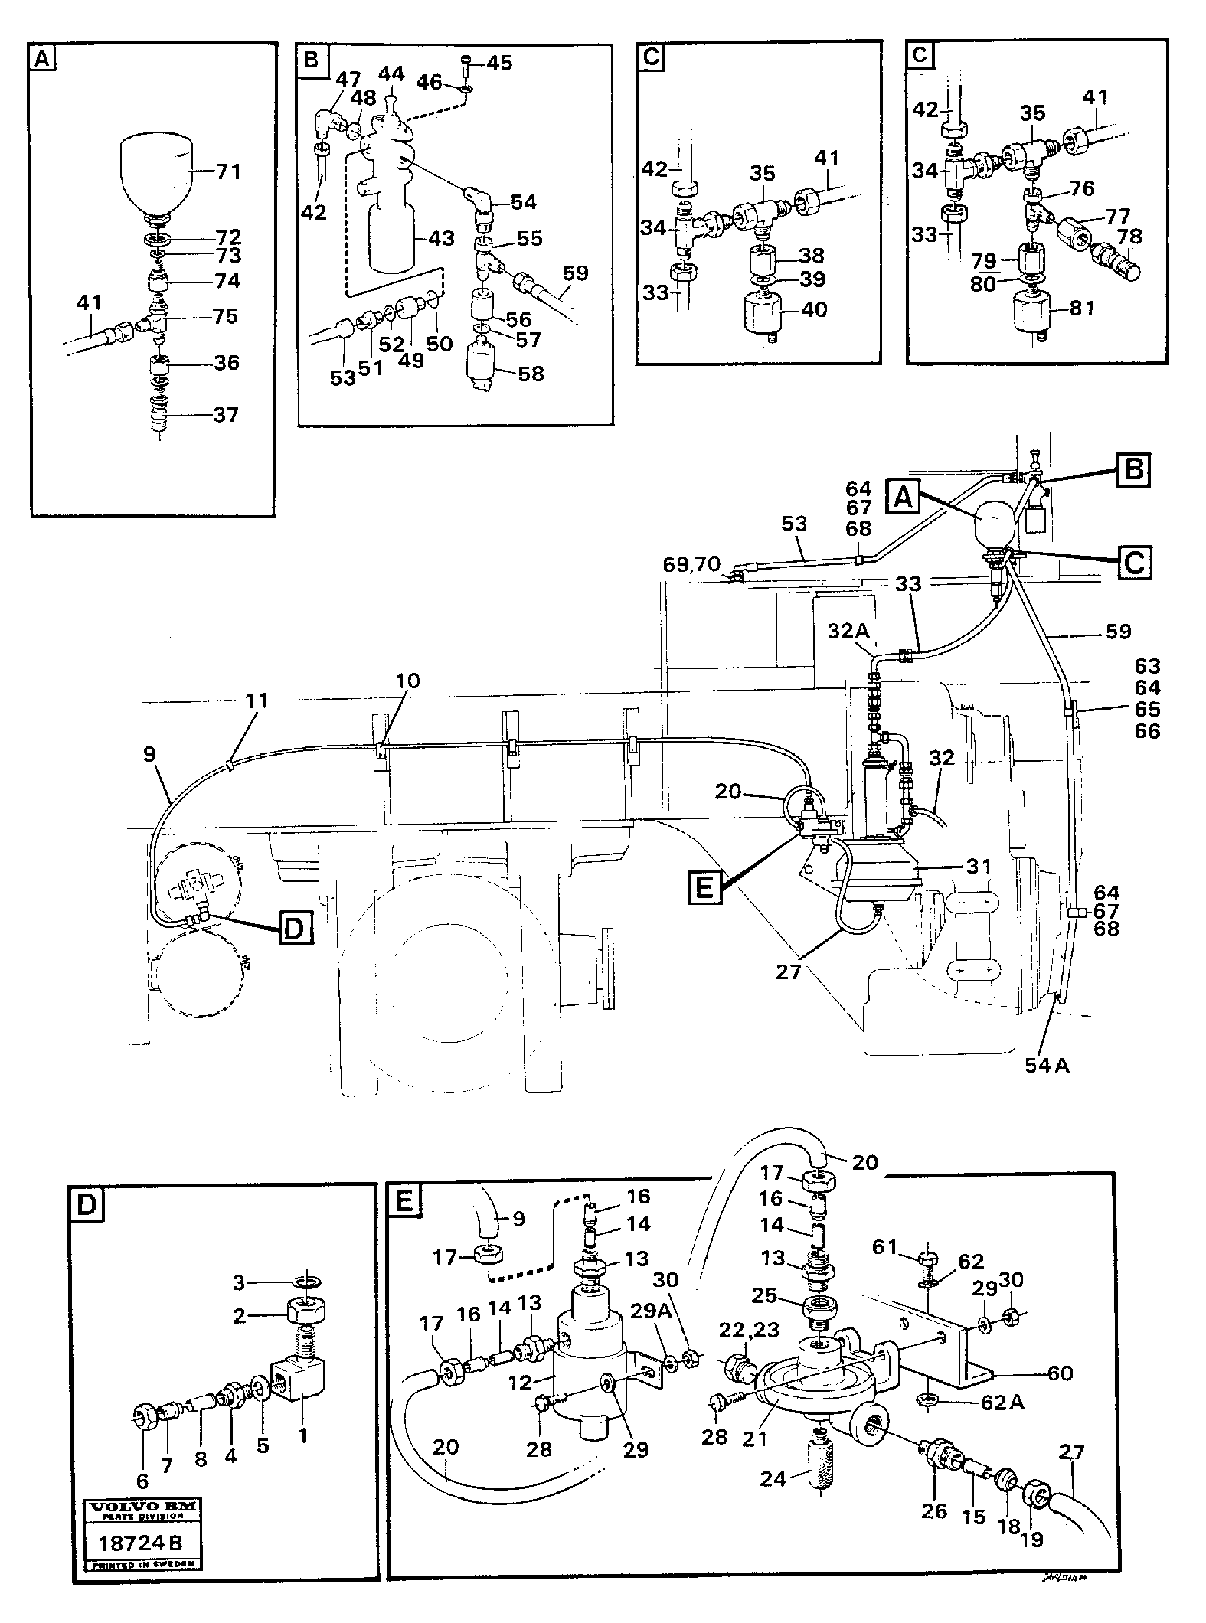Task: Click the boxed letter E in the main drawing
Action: [705, 887]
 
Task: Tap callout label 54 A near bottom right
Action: [1047, 1064]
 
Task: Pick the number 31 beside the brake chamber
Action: [979, 867]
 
